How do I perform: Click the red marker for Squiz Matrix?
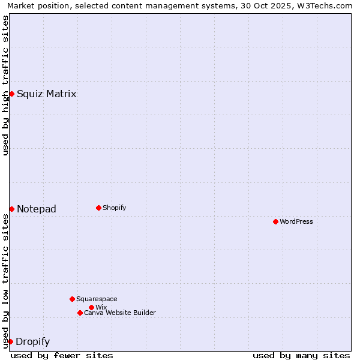[11, 94]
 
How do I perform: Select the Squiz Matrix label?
[46, 94]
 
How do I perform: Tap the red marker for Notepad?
[11, 209]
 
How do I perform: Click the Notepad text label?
[36, 209]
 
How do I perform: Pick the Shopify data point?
[98, 208]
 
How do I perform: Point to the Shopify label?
[114, 208]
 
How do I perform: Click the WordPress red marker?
[275, 221]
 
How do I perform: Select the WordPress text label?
[296, 221]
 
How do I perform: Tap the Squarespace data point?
[72, 299]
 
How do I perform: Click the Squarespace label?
[97, 299]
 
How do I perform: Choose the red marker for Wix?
[91, 307]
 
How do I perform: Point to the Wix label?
[101, 307]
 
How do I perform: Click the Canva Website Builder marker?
[80, 313]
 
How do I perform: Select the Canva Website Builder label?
[119, 313]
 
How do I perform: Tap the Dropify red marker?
[10, 341]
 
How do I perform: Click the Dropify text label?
[32, 342]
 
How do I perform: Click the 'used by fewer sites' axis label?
[62, 355]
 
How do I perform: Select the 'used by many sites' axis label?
[301, 355]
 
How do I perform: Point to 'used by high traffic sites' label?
[5, 85]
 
